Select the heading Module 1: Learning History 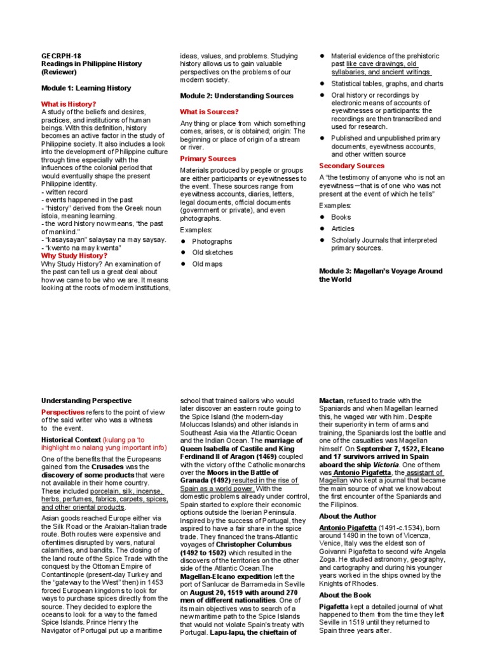pos(86,88)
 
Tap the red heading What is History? pos(69,103)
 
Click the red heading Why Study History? pos(74,255)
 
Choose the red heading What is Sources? pos(209,112)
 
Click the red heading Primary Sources pos(208,159)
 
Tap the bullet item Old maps pos(207,264)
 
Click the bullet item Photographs pos(212,242)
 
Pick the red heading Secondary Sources pos(351,166)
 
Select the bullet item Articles pos(343,229)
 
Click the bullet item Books pos(341,217)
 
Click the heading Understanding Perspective pos(86,401)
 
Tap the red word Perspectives pos(63,412)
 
